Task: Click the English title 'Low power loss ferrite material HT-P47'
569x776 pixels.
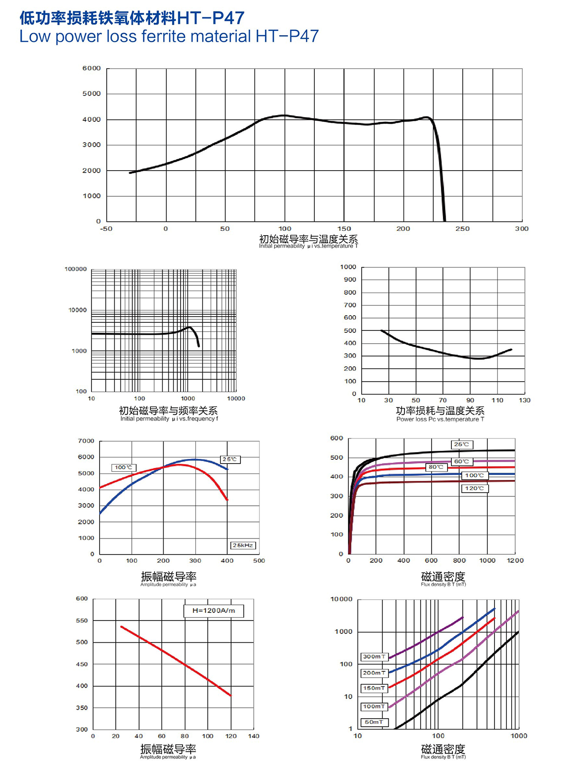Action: (x=169, y=37)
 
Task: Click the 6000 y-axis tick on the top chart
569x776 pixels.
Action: (x=92, y=68)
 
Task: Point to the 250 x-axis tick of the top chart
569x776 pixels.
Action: (x=462, y=228)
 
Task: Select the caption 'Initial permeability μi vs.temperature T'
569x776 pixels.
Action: (x=308, y=246)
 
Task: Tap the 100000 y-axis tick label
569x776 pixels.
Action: (x=76, y=269)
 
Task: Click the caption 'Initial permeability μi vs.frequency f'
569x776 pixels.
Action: (x=169, y=419)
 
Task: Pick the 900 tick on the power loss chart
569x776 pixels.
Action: (x=350, y=280)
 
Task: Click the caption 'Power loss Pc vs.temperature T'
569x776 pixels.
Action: (x=440, y=419)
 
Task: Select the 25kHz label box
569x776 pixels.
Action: (x=243, y=545)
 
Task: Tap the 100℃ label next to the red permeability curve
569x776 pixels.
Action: (x=124, y=467)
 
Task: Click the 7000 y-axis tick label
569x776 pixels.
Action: (x=86, y=441)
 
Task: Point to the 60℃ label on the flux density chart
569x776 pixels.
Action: (x=461, y=461)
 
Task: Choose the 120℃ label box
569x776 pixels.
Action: (x=474, y=488)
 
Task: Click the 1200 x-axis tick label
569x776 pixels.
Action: (x=515, y=560)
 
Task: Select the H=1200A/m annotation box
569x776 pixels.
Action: (x=213, y=611)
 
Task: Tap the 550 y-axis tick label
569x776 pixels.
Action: (x=82, y=621)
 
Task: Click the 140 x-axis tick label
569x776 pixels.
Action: (x=254, y=736)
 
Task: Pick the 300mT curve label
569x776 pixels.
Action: (x=374, y=657)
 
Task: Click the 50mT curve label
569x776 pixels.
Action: (x=374, y=722)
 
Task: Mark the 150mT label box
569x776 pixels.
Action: (x=374, y=688)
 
